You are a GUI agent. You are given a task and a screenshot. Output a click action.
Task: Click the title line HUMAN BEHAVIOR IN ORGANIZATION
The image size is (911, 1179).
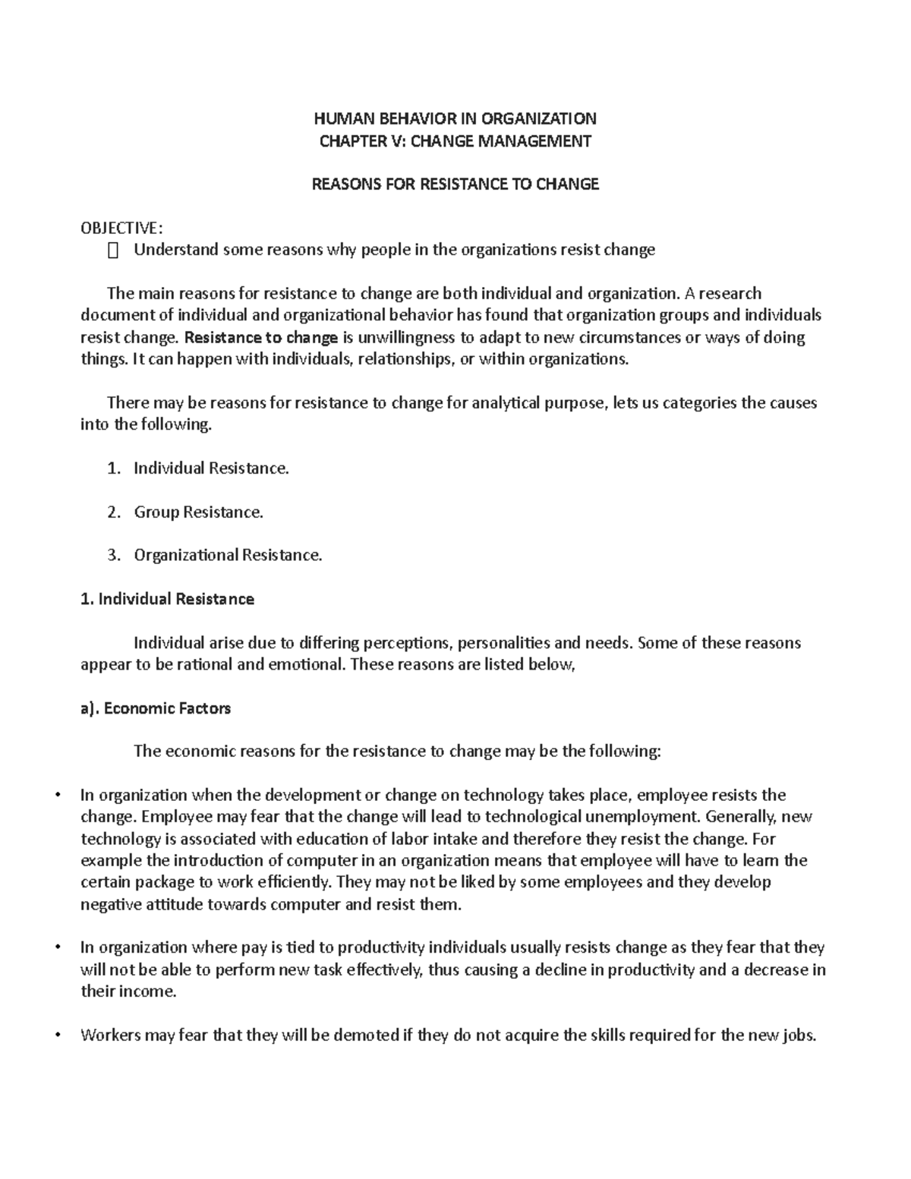[x=455, y=118]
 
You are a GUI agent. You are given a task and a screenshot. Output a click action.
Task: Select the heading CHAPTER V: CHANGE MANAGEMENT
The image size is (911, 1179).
[x=455, y=140]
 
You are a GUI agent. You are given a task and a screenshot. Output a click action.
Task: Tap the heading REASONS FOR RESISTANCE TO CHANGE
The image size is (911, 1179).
[x=455, y=184]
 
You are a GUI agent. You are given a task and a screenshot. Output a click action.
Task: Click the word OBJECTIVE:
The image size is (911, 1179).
[x=121, y=229]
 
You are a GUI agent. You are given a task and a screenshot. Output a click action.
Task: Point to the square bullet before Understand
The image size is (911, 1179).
[x=114, y=251]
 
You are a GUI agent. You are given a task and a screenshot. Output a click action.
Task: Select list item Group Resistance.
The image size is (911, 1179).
[x=198, y=512]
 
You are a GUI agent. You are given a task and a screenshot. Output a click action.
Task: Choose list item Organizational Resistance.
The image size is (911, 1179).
[x=228, y=556]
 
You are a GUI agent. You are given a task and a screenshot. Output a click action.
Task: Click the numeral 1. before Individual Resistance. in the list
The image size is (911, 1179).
[x=114, y=468]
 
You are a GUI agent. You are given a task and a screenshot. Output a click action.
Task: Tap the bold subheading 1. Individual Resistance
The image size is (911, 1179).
[x=167, y=600]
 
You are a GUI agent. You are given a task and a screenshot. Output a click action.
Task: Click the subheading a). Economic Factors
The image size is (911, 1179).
[x=156, y=709]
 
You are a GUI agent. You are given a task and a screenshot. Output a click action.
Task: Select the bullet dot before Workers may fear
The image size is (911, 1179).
[x=58, y=1035]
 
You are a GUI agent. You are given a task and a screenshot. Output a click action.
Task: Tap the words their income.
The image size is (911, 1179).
[x=128, y=992]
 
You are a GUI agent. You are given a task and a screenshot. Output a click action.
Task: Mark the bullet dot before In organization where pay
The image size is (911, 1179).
[x=58, y=947]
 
